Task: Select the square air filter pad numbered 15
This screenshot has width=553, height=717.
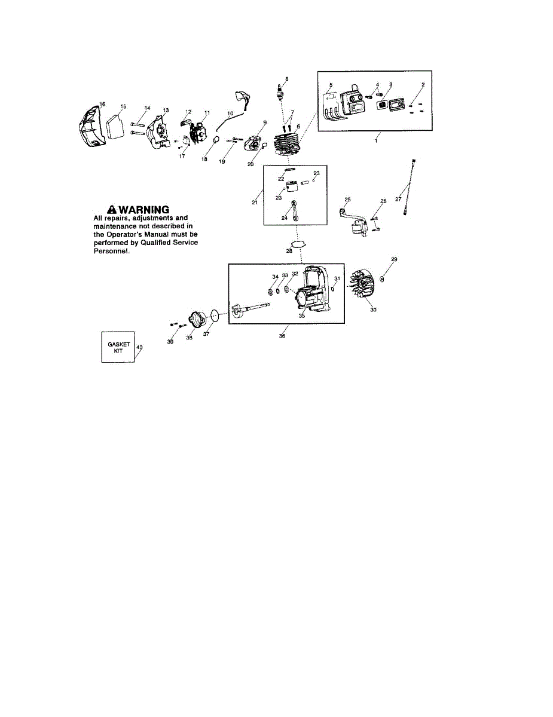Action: coord(116,128)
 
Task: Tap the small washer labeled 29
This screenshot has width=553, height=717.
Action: coord(382,278)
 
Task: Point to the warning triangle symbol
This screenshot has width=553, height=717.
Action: coord(111,209)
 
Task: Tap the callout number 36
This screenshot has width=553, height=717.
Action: coord(282,336)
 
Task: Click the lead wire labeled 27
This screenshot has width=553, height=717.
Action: coord(408,188)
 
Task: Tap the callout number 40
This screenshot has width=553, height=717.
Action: coord(139,347)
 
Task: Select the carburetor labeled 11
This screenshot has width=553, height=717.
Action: coord(197,131)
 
